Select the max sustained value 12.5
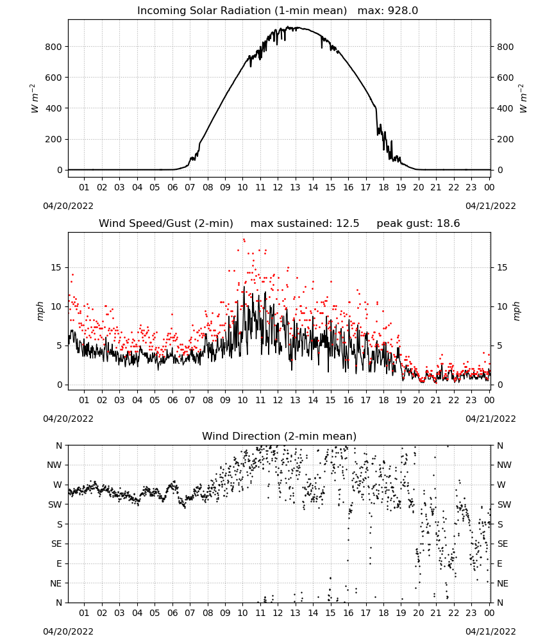point(348,223)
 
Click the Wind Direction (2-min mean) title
point(280,436)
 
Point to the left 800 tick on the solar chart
point(54,47)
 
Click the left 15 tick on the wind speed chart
point(56,267)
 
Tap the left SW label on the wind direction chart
point(55,504)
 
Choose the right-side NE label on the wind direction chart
point(503,583)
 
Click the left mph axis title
point(40,311)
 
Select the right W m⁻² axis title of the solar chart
point(523,98)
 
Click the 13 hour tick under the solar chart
point(295,187)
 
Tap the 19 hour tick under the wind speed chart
point(401,400)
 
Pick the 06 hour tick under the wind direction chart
point(172,613)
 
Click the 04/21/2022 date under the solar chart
point(491,206)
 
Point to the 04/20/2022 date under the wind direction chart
point(68,631)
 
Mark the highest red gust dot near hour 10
point(244,240)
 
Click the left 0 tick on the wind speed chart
point(60,385)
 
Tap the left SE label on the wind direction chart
point(56,544)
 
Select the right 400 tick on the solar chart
point(505,108)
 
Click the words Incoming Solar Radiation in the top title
point(204,10)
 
